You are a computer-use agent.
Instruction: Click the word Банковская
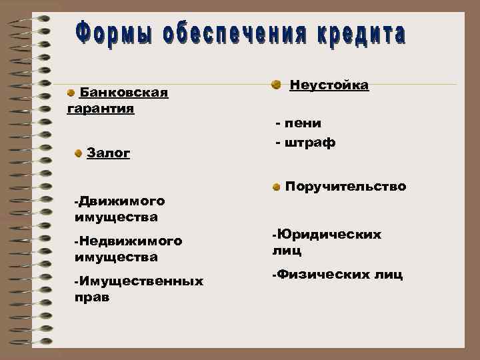pyautogui.click(x=124, y=91)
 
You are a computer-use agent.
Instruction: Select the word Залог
pyautogui.click(x=109, y=153)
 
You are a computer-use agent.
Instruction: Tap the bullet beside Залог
pyautogui.click(x=79, y=153)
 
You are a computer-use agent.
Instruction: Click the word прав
pyautogui.click(x=92, y=297)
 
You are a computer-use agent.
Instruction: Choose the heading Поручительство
pyautogui.click(x=345, y=187)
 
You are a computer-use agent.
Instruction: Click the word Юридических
pyautogui.click(x=329, y=235)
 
